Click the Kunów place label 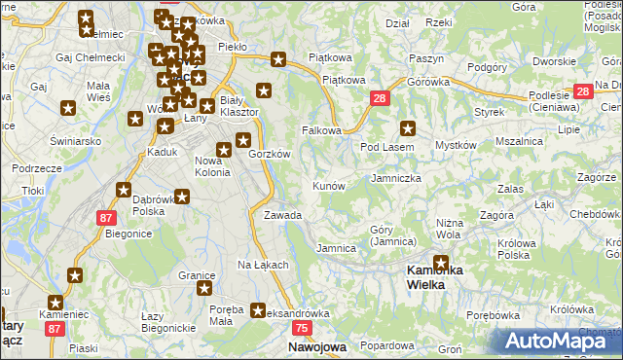328,185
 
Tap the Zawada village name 282,215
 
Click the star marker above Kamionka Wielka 441,263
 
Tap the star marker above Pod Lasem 408,127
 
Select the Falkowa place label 321,130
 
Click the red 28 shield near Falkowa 380,98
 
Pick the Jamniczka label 396,179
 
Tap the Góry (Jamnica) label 393,235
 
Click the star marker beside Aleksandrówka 258,311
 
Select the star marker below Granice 205,289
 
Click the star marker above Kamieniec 55,303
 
